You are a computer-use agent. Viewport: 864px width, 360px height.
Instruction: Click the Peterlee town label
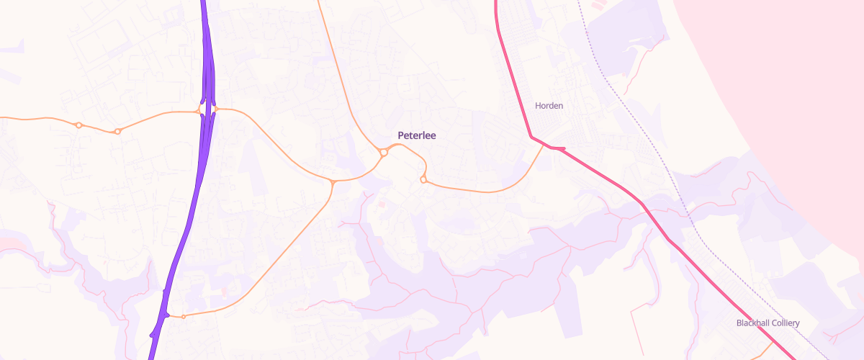point(417,135)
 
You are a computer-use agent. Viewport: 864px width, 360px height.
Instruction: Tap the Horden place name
point(549,106)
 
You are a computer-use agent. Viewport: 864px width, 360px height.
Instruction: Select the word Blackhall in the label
point(752,323)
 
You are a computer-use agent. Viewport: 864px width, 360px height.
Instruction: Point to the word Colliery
point(785,323)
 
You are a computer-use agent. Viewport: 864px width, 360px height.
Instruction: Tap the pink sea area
point(792,72)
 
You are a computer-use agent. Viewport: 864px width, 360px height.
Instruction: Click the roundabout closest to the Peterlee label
point(384,153)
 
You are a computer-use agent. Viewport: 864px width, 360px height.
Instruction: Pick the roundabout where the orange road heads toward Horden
point(423,179)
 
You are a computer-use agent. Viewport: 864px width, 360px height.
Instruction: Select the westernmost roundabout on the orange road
point(78,125)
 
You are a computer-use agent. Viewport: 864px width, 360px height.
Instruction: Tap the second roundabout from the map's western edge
point(117,131)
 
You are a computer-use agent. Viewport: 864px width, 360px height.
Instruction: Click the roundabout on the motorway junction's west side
point(199,110)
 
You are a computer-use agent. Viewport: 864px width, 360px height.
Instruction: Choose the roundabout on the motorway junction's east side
point(215,109)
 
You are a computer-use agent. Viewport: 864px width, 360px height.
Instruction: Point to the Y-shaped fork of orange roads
point(333,181)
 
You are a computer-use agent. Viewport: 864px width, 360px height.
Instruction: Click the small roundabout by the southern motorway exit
point(183,317)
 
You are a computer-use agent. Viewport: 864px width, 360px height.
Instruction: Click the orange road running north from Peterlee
point(335,65)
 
